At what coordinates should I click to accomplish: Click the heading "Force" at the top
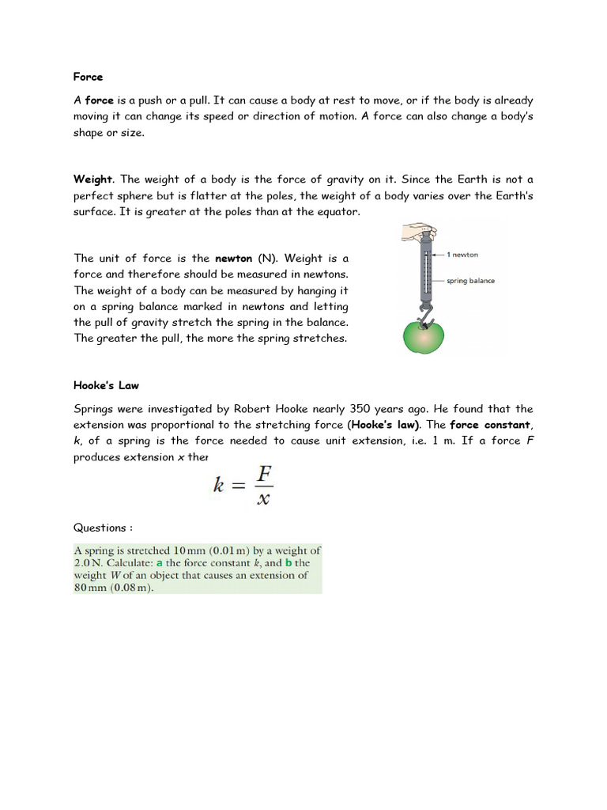click(x=88, y=77)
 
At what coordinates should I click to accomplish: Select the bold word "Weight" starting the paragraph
click(x=93, y=180)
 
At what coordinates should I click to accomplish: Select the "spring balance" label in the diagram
click(x=470, y=281)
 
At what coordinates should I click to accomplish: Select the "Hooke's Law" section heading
click(x=106, y=385)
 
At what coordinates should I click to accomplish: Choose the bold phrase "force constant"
click(x=489, y=425)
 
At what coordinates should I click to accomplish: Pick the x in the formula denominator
click(x=262, y=498)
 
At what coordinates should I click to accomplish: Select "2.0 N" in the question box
click(x=87, y=563)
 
